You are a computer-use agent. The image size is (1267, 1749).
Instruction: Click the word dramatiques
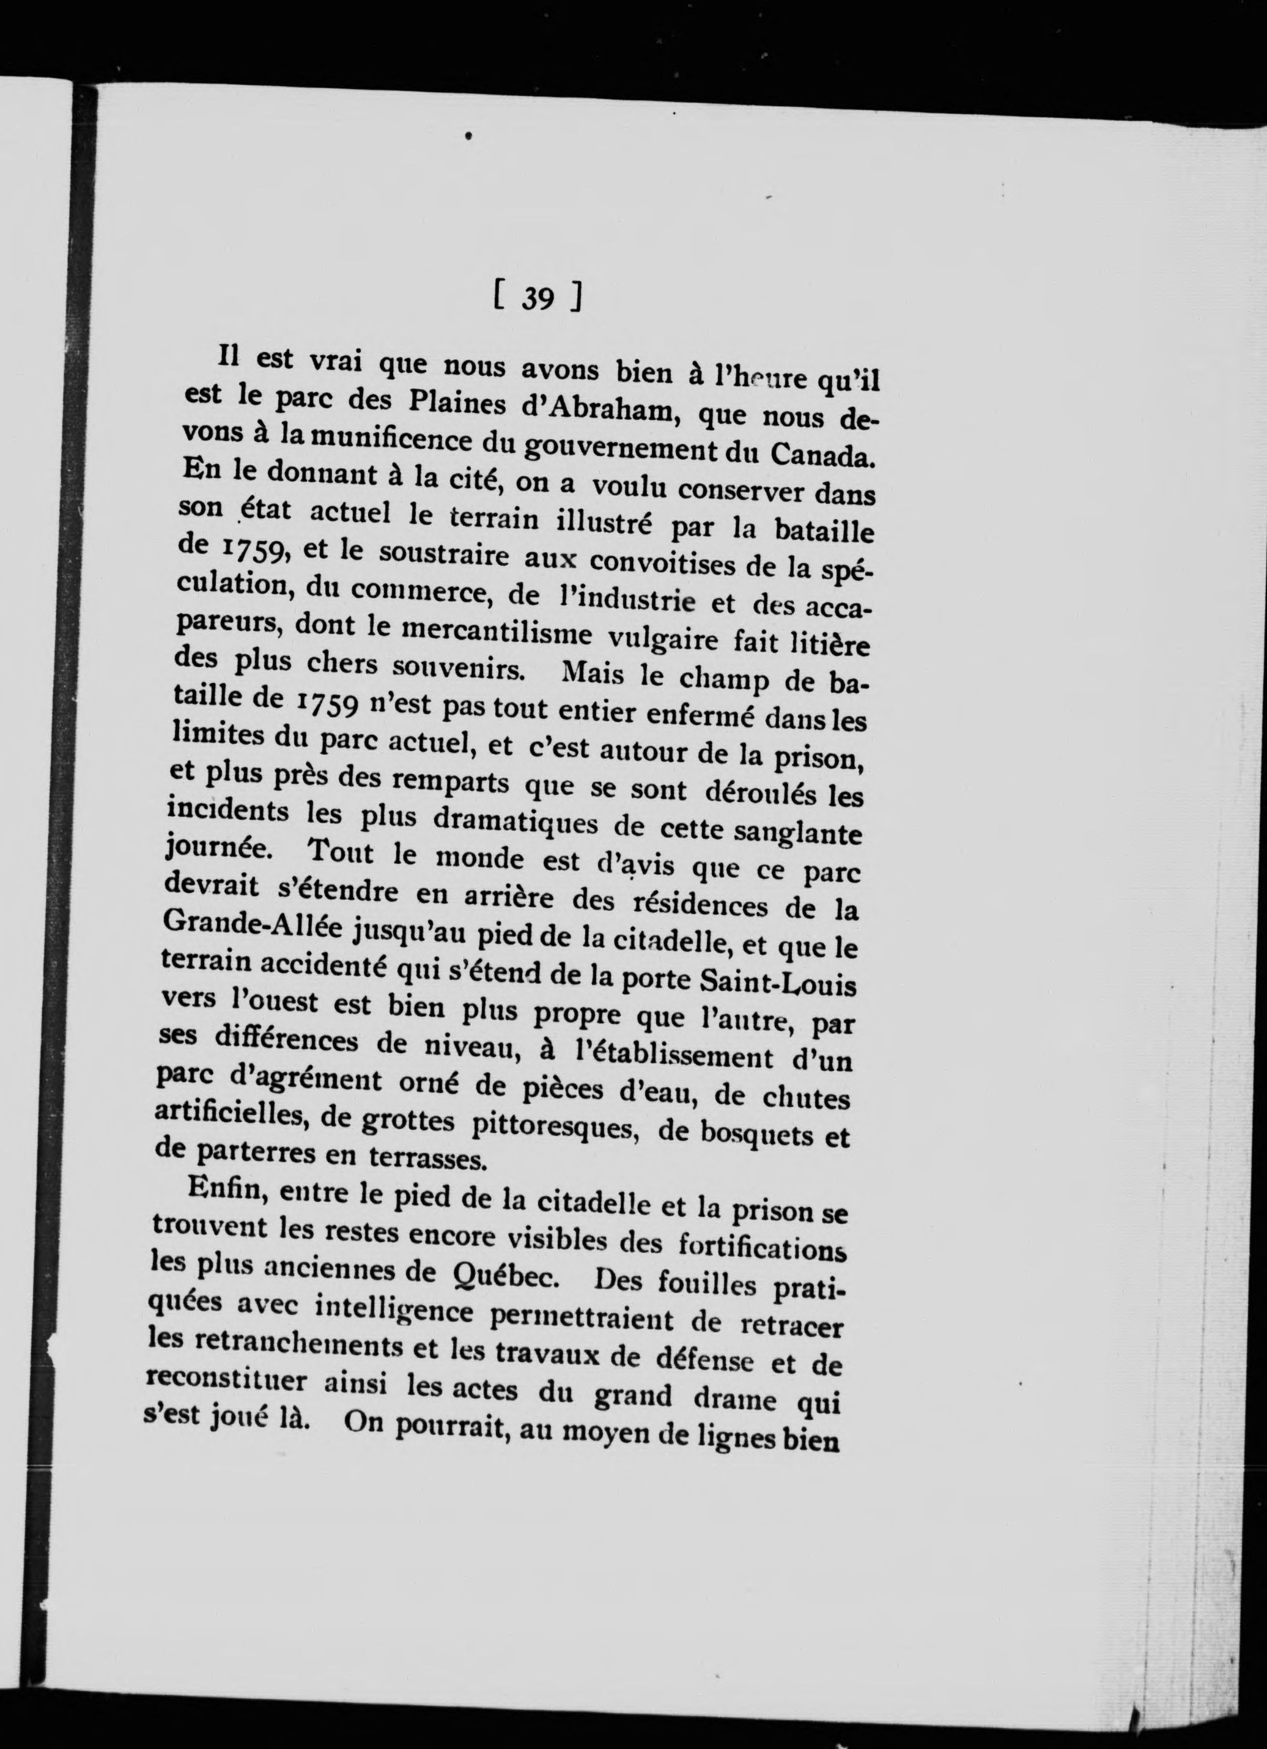514,820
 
